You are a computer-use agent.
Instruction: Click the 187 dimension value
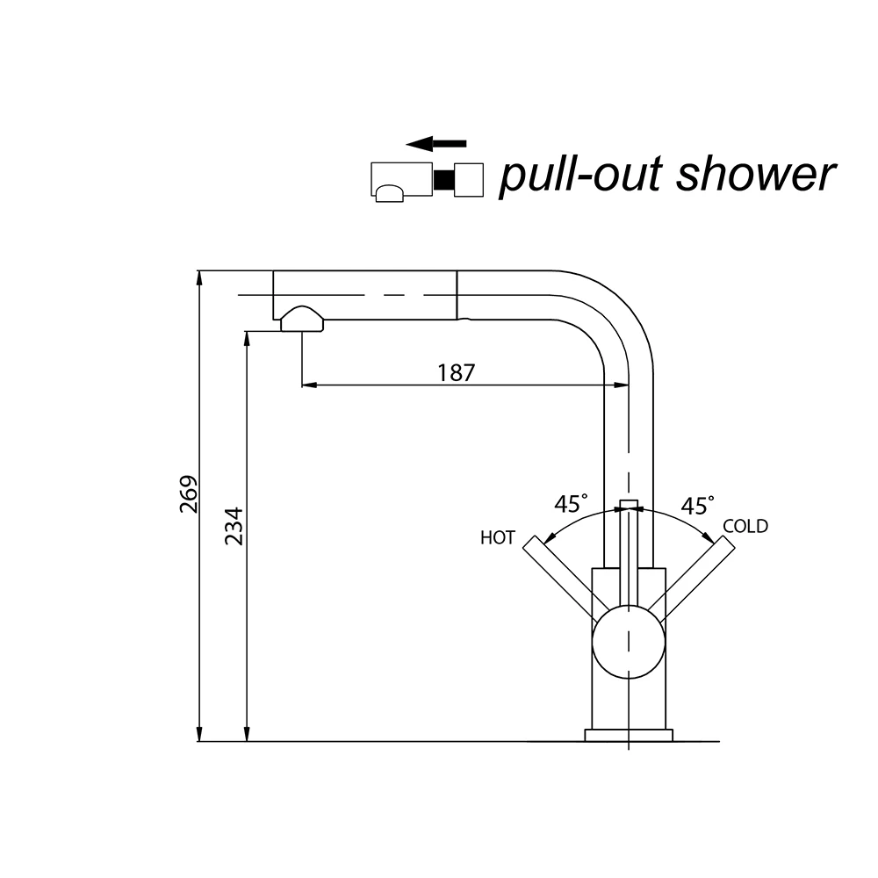pyautogui.click(x=457, y=372)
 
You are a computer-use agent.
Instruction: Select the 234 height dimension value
pyautogui.click(x=233, y=526)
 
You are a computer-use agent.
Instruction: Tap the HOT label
pyautogui.click(x=497, y=538)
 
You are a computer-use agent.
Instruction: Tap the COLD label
pyautogui.click(x=745, y=527)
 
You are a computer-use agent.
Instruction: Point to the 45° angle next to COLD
pyautogui.click(x=697, y=505)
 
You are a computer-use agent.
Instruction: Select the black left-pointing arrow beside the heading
pyautogui.click(x=436, y=143)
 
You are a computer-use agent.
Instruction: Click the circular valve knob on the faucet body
pyautogui.click(x=629, y=640)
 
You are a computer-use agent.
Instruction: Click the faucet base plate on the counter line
pyautogui.click(x=629, y=735)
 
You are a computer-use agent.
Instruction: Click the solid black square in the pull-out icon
pyautogui.click(x=444, y=179)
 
